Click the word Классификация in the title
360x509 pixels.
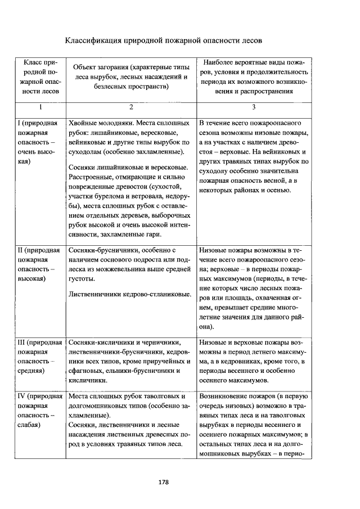(95, 40)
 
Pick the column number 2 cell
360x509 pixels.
(130, 107)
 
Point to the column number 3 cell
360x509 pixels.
(254, 107)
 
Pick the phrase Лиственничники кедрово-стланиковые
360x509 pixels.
(129, 294)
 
